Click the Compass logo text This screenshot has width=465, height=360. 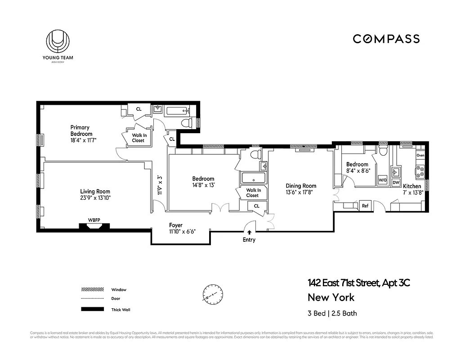click(x=386, y=39)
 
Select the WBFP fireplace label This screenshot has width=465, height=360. click(x=94, y=220)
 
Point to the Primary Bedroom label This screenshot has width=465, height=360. click(x=81, y=130)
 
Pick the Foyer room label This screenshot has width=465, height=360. click(x=176, y=225)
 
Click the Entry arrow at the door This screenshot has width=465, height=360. click(x=249, y=232)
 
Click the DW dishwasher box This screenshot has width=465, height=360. click(x=396, y=182)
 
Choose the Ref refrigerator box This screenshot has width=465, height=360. click(x=365, y=206)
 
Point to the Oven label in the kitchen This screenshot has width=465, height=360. click(x=420, y=155)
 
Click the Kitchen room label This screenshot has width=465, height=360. click(x=412, y=186)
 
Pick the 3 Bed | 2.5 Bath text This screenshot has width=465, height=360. click(x=332, y=313)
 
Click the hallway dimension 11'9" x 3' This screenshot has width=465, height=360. click(x=160, y=184)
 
